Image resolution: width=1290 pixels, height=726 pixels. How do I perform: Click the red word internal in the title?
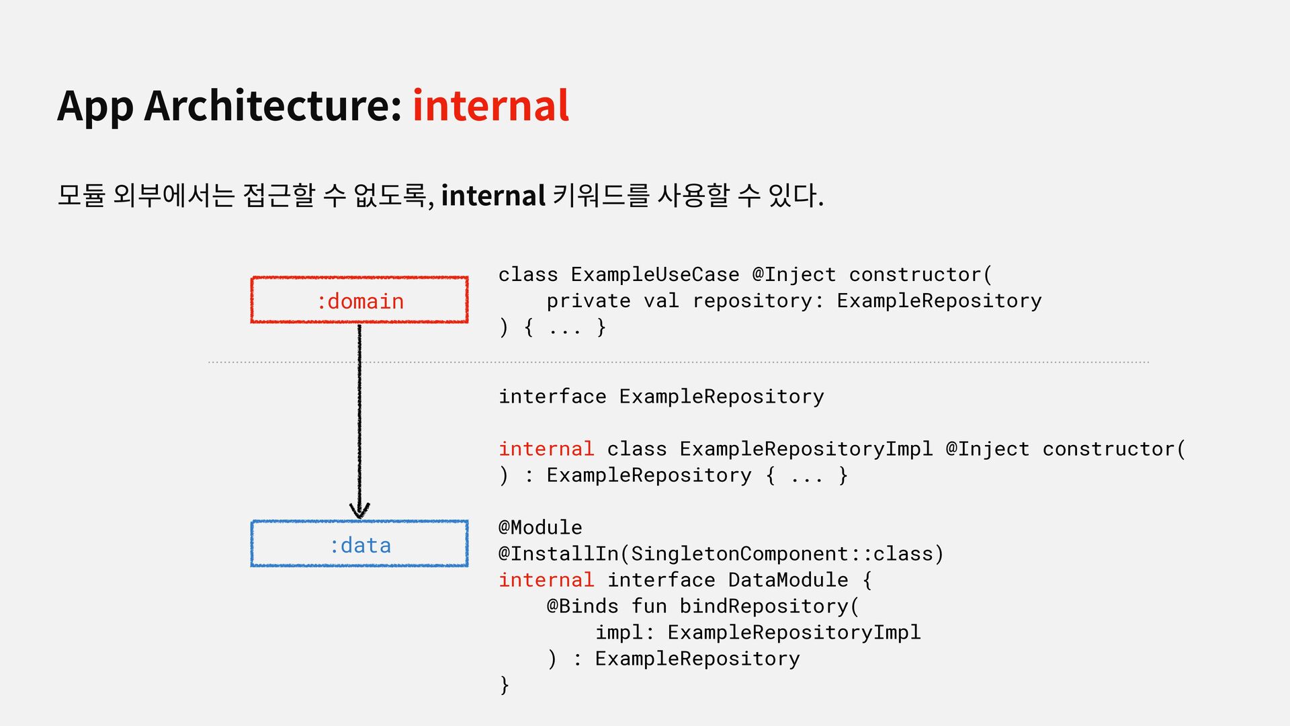[490, 106]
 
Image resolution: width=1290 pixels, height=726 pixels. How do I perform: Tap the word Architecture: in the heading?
[273, 106]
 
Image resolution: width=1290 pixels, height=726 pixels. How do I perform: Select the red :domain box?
[359, 300]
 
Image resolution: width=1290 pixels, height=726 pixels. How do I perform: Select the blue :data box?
[359, 544]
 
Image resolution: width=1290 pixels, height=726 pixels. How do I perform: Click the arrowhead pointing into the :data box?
[359, 511]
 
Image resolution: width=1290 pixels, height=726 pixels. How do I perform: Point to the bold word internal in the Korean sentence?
[492, 196]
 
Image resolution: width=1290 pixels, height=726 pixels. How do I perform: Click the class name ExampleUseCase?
[655, 275]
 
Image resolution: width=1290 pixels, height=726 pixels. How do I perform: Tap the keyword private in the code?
[589, 301]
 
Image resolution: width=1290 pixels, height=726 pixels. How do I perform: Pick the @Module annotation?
[540, 528]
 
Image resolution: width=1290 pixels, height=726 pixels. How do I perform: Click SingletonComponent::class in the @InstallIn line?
[783, 554]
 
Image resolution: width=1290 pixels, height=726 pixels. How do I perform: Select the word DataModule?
[788, 580]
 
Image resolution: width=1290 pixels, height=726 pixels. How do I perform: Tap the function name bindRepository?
[764, 606]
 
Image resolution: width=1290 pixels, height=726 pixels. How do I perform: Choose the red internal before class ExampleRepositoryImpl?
[546, 449]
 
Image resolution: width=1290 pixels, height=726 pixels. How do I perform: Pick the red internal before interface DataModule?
[546, 580]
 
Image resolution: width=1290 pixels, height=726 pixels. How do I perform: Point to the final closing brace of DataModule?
[505, 685]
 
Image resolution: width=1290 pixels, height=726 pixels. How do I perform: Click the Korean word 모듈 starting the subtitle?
[81, 196]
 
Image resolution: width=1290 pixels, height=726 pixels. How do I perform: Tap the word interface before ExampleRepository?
[552, 397]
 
